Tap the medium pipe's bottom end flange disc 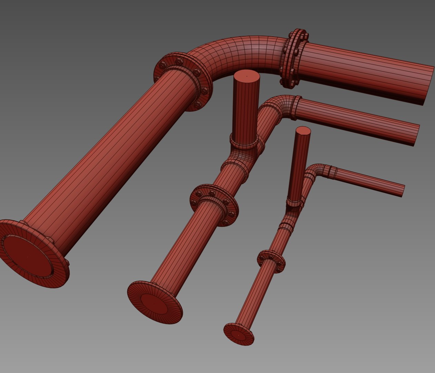[154, 303]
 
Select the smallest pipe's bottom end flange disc [239, 334]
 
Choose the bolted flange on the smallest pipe [271, 261]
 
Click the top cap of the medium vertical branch [246, 75]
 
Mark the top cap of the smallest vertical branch [303, 130]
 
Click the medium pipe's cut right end [416, 135]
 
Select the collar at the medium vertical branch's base [244, 143]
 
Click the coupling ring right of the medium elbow [295, 108]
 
